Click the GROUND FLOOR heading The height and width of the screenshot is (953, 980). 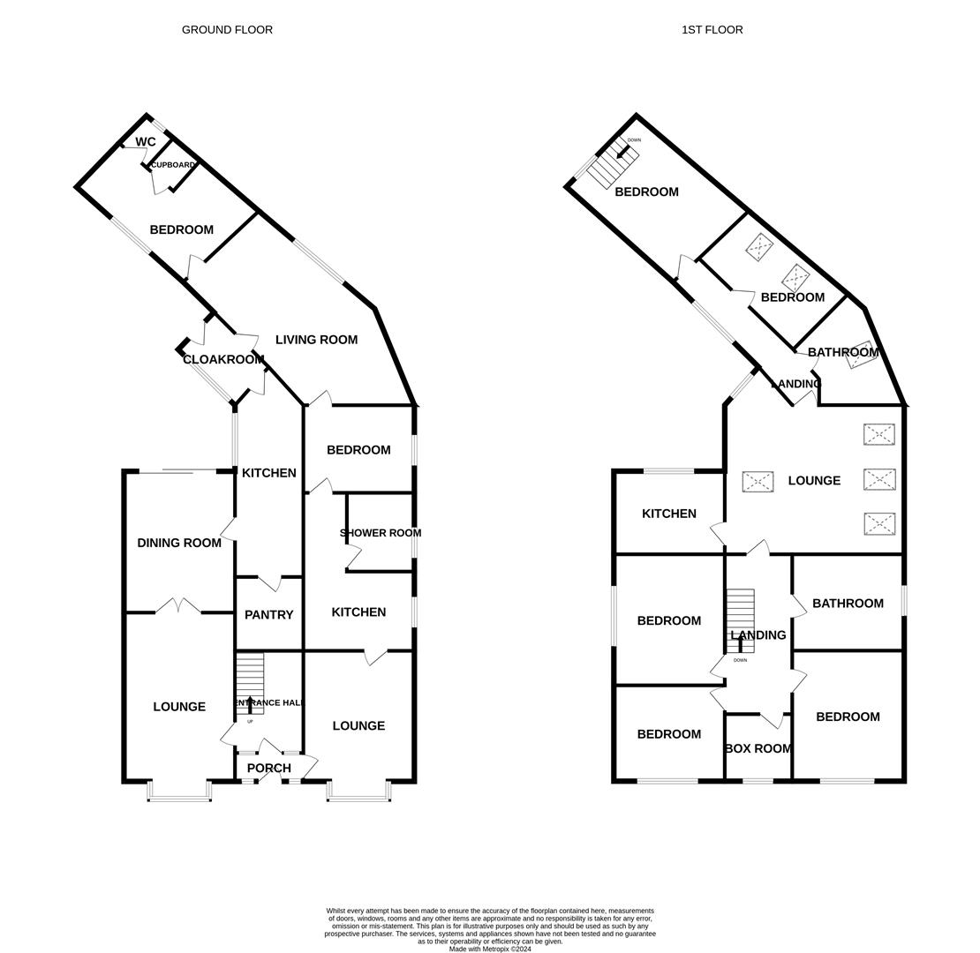(x=227, y=30)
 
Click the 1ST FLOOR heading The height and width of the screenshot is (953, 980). (x=712, y=30)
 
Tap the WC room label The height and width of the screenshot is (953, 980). (x=146, y=142)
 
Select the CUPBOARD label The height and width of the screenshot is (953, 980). (x=173, y=165)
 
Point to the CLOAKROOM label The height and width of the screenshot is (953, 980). (x=223, y=360)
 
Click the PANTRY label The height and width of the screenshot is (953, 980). (x=268, y=615)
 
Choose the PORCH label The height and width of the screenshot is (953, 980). (x=268, y=769)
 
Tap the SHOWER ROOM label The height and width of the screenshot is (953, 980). (x=381, y=533)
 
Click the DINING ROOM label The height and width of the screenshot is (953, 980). (x=179, y=544)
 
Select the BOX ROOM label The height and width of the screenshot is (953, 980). (x=758, y=749)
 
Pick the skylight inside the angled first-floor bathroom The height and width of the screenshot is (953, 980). (x=861, y=355)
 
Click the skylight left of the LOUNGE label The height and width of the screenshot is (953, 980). (x=758, y=482)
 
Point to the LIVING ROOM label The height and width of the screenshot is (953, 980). (x=316, y=340)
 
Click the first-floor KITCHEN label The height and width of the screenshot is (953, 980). (x=669, y=514)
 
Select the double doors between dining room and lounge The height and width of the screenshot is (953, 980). (x=178, y=606)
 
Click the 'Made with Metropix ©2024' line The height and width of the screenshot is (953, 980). (x=490, y=949)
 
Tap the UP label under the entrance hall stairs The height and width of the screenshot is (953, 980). (x=250, y=722)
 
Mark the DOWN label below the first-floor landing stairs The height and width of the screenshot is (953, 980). (x=740, y=660)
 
